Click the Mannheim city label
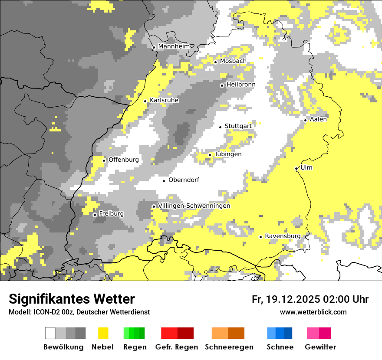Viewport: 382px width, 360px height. [x=175, y=46]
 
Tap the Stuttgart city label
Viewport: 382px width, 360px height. [x=238, y=126]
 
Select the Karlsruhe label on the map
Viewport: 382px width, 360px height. [x=164, y=100]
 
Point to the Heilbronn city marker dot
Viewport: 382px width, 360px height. [x=222, y=85]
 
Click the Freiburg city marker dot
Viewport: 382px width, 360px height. [x=95, y=215]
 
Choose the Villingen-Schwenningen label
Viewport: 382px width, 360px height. [x=194, y=206]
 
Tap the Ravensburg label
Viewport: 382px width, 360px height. [x=283, y=236]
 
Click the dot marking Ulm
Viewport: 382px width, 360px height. [x=296, y=169]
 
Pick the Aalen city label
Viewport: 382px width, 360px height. [x=318, y=119]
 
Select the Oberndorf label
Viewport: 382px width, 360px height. [x=184, y=180]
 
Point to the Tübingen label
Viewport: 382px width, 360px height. [x=228, y=154]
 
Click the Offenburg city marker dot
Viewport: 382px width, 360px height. [x=104, y=160]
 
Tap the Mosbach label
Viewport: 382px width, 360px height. [x=233, y=61]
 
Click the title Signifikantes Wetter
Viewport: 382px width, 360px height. [x=72, y=299]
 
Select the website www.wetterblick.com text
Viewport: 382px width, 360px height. [x=313, y=312]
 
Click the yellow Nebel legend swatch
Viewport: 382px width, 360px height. [x=103, y=333]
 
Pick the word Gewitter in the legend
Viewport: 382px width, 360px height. [x=320, y=347]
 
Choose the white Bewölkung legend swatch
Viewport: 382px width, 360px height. [x=50, y=333]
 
